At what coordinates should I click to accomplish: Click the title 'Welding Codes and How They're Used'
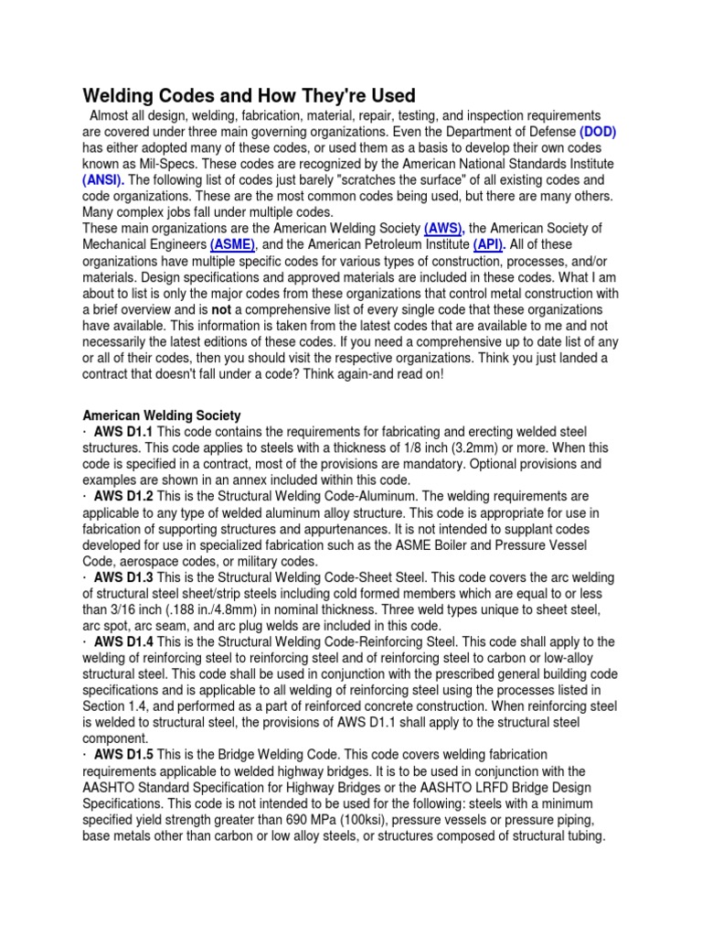(250, 95)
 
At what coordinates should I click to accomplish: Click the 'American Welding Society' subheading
(162, 415)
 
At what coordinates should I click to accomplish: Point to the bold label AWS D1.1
(124, 431)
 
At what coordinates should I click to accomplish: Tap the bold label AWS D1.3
(124, 578)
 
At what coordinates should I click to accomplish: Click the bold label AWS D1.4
(124, 643)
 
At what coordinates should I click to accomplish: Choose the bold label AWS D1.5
(124, 754)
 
